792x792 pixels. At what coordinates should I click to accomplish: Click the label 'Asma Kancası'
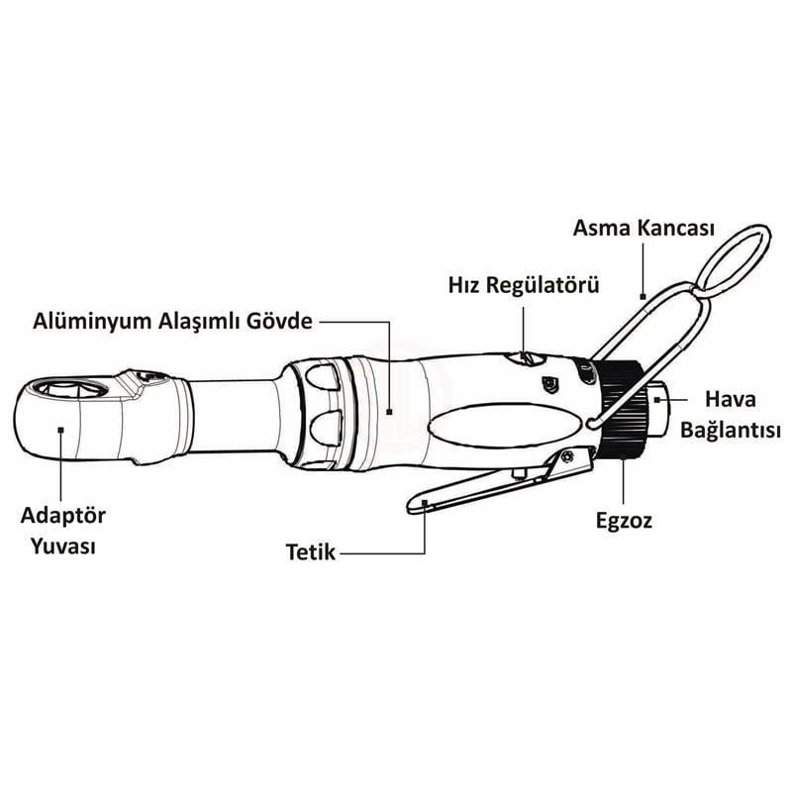(643, 228)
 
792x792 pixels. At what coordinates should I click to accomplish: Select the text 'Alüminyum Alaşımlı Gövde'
(173, 322)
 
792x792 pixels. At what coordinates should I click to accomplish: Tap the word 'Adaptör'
(63, 517)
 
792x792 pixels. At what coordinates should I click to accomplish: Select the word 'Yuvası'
(63, 547)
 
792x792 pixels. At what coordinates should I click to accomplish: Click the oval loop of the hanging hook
(734, 259)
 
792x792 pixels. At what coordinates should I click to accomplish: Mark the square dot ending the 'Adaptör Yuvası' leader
(60, 429)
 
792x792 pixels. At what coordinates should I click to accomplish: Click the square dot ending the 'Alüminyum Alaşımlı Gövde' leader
(389, 409)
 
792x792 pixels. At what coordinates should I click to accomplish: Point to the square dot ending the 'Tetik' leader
(426, 504)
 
